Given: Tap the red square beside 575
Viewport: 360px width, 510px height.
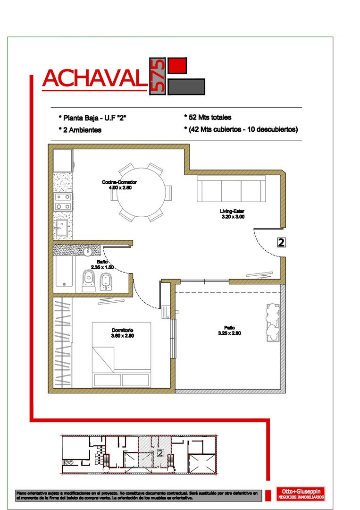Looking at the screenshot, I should click(177, 66).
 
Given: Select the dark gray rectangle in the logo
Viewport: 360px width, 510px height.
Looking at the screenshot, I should click(186, 86).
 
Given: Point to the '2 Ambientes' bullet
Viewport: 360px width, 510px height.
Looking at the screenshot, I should click(80, 130).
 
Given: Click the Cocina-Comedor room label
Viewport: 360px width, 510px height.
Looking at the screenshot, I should click(119, 182).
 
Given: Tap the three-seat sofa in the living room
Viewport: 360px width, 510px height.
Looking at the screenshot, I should click(231, 188).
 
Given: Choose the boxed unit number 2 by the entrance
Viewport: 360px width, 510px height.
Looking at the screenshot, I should click(281, 242).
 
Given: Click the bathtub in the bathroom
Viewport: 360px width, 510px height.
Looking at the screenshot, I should click(64, 272).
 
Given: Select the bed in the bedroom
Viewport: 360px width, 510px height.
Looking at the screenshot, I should click(121, 354).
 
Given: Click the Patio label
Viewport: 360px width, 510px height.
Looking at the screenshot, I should click(230, 327).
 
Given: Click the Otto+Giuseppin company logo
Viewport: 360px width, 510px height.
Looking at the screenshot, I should click(300, 493).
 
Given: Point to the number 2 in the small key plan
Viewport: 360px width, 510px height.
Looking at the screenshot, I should click(160, 453).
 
